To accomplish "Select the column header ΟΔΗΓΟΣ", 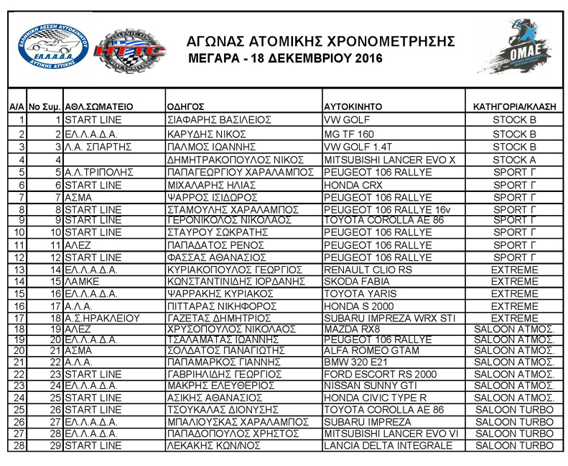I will coord(186,106).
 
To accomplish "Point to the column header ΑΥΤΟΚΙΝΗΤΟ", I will coord(353,106).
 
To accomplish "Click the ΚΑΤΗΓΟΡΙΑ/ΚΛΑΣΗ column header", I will coord(514,106).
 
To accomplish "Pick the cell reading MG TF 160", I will coord(349,134).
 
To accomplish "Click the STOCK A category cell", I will coord(514,159).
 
